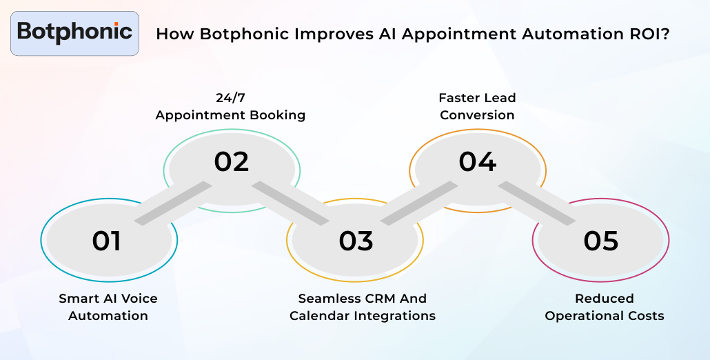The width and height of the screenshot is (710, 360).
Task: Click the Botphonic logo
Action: click(x=74, y=32)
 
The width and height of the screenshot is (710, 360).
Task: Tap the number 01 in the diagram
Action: click(x=107, y=241)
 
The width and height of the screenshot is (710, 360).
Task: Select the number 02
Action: click(x=231, y=161)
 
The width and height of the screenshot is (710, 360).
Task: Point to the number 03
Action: click(x=356, y=241)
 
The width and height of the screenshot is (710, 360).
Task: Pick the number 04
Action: click(x=478, y=161)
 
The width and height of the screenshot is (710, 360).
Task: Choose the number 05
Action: click(x=601, y=241)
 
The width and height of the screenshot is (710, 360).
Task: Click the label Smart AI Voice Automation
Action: click(x=108, y=307)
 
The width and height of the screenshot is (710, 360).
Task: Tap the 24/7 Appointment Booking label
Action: click(x=230, y=106)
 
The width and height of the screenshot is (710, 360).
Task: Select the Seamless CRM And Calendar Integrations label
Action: click(x=362, y=307)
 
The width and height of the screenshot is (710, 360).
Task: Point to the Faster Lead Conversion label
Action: click(x=477, y=106)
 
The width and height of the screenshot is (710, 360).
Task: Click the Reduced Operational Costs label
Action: click(x=605, y=307)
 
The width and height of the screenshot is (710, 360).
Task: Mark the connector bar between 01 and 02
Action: click(x=173, y=203)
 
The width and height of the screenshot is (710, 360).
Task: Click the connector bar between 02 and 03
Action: click(x=290, y=203)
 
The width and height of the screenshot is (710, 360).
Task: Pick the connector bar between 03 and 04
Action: click(x=419, y=203)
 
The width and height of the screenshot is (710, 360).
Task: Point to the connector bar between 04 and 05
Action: click(x=537, y=203)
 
